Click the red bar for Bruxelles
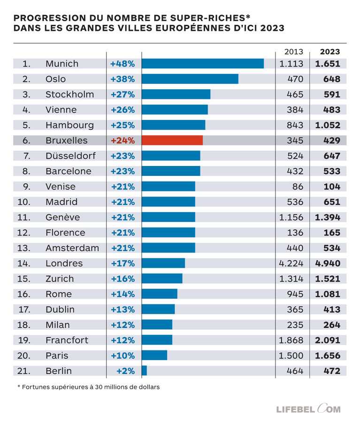point(172,140)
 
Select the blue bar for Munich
point(202,63)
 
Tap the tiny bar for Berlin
point(144,371)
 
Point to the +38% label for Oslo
point(123,79)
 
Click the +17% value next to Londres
point(123,263)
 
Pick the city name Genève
point(62,217)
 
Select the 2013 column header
point(294,52)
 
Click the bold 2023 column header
point(329,52)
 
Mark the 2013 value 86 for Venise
point(297,186)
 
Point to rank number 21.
point(23,371)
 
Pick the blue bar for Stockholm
point(176,94)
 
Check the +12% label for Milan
point(123,325)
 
